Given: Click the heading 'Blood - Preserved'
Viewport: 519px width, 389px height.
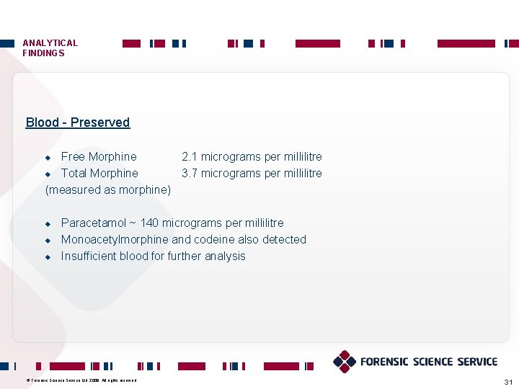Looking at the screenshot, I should (x=77, y=122).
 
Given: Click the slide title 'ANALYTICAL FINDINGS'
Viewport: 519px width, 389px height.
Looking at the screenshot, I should (x=50, y=48).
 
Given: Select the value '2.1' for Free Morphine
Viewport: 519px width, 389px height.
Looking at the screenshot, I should (x=190, y=157).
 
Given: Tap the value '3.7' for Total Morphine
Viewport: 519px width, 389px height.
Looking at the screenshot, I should (x=190, y=174).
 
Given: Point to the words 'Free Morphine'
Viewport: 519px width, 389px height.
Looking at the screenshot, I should (x=99, y=157).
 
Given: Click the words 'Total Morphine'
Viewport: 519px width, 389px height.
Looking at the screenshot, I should (x=99, y=174).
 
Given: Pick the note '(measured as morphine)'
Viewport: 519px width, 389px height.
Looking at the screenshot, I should (x=108, y=190).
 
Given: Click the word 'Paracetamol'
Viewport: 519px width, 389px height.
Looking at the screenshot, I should (x=93, y=223).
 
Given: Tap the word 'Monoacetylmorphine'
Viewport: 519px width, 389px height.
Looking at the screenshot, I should (x=115, y=240).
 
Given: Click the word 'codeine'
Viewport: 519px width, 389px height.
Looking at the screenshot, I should (x=214, y=240).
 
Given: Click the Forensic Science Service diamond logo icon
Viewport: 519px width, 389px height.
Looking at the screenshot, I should (x=345, y=362).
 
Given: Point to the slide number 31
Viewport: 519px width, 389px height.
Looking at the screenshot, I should (x=508, y=381).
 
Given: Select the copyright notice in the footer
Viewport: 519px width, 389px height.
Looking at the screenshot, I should (x=81, y=380).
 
